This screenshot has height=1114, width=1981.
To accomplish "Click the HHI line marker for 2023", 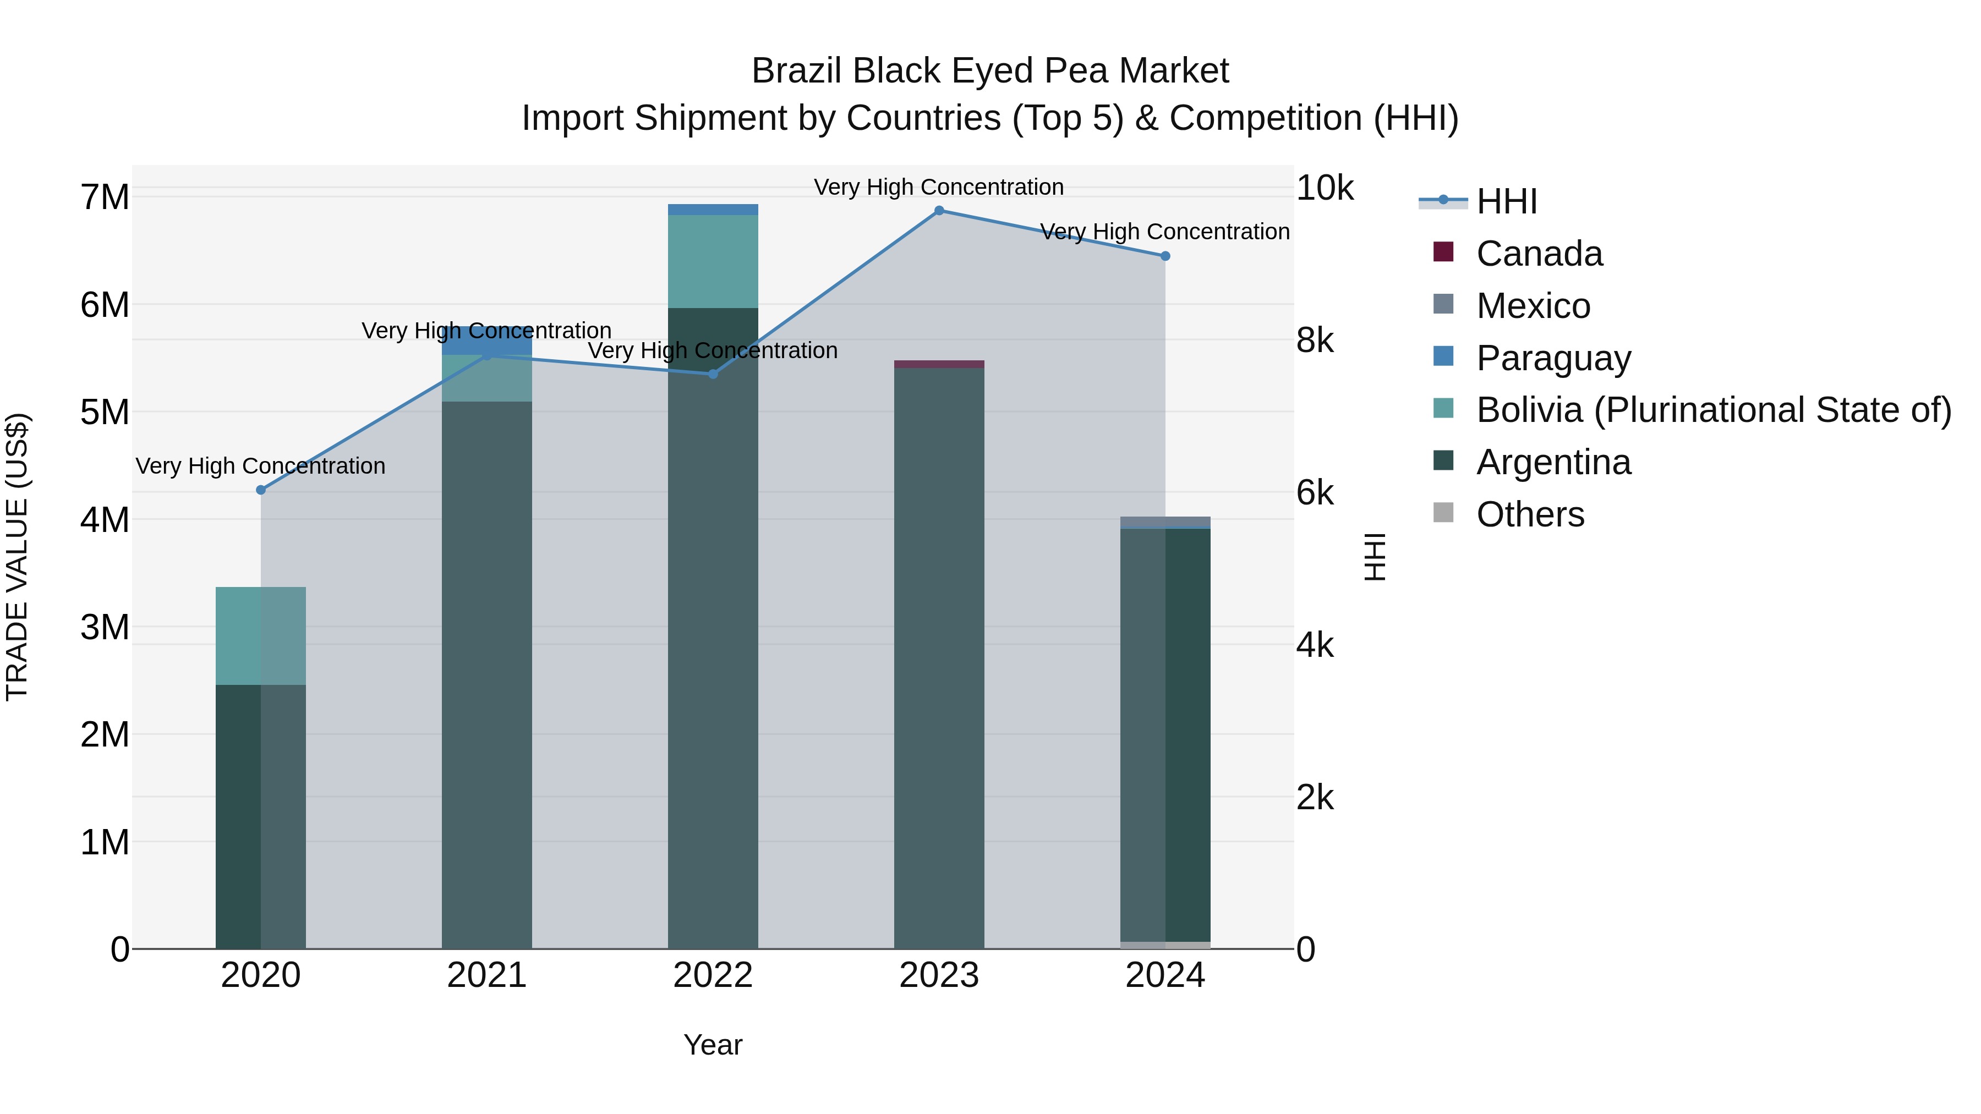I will [939, 211].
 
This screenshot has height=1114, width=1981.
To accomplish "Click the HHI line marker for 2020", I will [261, 490].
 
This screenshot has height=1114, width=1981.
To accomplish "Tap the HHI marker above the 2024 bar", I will [1165, 256].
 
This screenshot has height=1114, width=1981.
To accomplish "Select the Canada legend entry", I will [1539, 254].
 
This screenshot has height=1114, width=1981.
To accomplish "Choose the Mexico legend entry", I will [1533, 306].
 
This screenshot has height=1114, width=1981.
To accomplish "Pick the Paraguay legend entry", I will [1553, 358].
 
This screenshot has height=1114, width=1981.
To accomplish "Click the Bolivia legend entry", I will [1712, 410].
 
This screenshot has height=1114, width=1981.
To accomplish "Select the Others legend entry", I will [1530, 514].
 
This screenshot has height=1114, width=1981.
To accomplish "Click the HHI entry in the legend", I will [1506, 201].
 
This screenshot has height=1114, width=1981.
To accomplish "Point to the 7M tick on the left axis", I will [105, 197].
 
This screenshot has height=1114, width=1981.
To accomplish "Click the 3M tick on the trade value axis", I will [105, 627].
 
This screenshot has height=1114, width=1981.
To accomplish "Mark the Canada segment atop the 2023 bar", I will [939, 364].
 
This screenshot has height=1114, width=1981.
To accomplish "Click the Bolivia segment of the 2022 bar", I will [713, 261].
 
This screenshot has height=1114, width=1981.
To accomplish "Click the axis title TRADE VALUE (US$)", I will [17, 557].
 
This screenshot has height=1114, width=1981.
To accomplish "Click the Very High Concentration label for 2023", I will [939, 187].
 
